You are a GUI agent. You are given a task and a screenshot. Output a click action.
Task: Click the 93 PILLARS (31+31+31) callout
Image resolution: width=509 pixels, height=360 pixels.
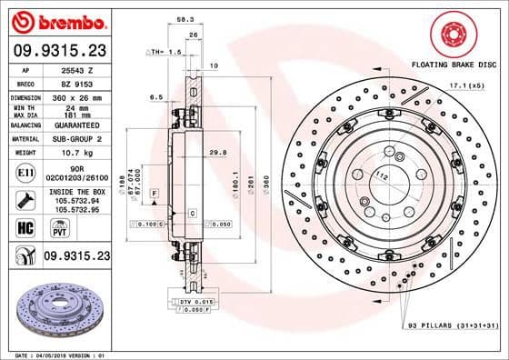451,324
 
